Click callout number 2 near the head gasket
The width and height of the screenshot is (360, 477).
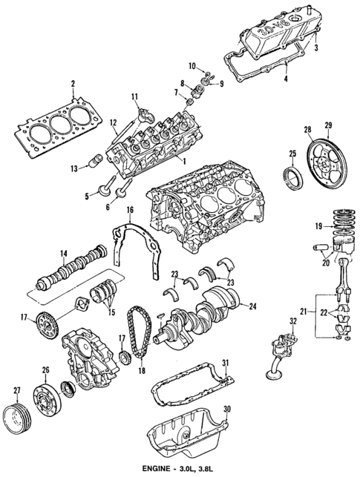(72, 83)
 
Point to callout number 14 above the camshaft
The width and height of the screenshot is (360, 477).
(65, 253)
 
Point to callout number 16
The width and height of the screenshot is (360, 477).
(130, 211)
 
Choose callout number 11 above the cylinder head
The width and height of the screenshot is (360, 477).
(135, 96)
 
